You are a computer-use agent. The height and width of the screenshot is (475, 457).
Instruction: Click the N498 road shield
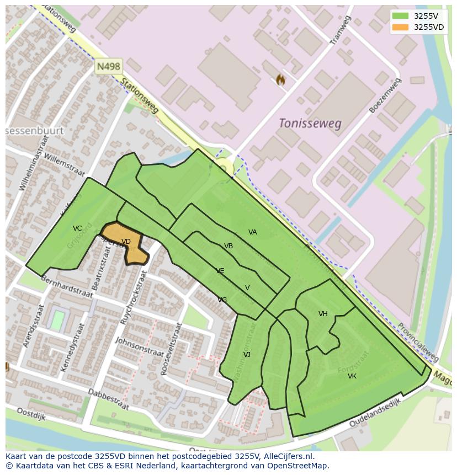108,67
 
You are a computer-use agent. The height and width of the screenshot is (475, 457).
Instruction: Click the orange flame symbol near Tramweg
280,80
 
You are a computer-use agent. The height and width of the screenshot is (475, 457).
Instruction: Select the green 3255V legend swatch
401,16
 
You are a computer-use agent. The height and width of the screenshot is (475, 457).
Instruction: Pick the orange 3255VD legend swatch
401,27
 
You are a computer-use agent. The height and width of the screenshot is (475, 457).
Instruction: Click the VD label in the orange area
126,242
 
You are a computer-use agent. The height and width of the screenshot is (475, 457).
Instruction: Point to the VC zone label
77,228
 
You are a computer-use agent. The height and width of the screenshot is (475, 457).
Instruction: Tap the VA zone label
252,232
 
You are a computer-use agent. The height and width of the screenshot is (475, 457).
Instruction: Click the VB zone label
228,246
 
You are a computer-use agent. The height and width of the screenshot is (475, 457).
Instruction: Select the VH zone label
323,314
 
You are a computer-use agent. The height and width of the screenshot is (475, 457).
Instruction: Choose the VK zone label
352,376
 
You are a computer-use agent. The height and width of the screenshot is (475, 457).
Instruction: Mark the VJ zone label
247,354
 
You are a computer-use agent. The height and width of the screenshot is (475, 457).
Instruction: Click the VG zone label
222,300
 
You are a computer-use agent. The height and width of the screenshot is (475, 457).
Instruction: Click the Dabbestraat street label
108,399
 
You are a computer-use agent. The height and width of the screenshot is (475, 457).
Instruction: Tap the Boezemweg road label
385,96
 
